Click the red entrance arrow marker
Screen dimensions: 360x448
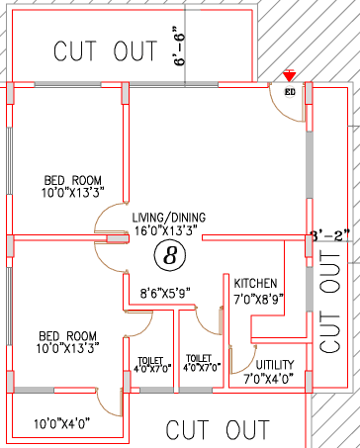pyautogui.click(x=290, y=76)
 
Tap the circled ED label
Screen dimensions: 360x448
pyautogui.click(x=290, y=92)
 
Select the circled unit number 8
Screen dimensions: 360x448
pyautogui.click(x=170, y=255)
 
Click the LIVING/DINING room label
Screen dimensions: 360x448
pyautogui.click(x=169, y=218)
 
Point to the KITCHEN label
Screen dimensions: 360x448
pyautogui.click(x=255, y=284)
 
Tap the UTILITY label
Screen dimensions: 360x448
pyautogui.click(x=275, y=365)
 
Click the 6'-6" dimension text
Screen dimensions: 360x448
pyautogui.click(x=180, y=45)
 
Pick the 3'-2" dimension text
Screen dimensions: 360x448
pyautogui.click(x=330, y=235)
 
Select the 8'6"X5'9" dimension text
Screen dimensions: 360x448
pyautogui.click(x=165, y=293)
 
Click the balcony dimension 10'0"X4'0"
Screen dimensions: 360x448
pyautogui.click(x=62, y=423)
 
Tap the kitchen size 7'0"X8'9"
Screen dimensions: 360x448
pyautogui.click(x=259, y=300)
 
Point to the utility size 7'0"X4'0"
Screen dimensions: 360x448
pyautogui.click(x=269, y=379)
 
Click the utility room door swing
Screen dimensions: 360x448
pyautogui.click(x=248, y=367)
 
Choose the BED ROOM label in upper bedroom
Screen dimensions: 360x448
pyautogui.click(x=73, y=180)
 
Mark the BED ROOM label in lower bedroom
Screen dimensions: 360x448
pyautogui.click(x=67, y=336)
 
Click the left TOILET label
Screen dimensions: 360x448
pyautogui.click(x=150, y=361)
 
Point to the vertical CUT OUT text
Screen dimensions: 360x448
pyautogui.click(x=330, y=302)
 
